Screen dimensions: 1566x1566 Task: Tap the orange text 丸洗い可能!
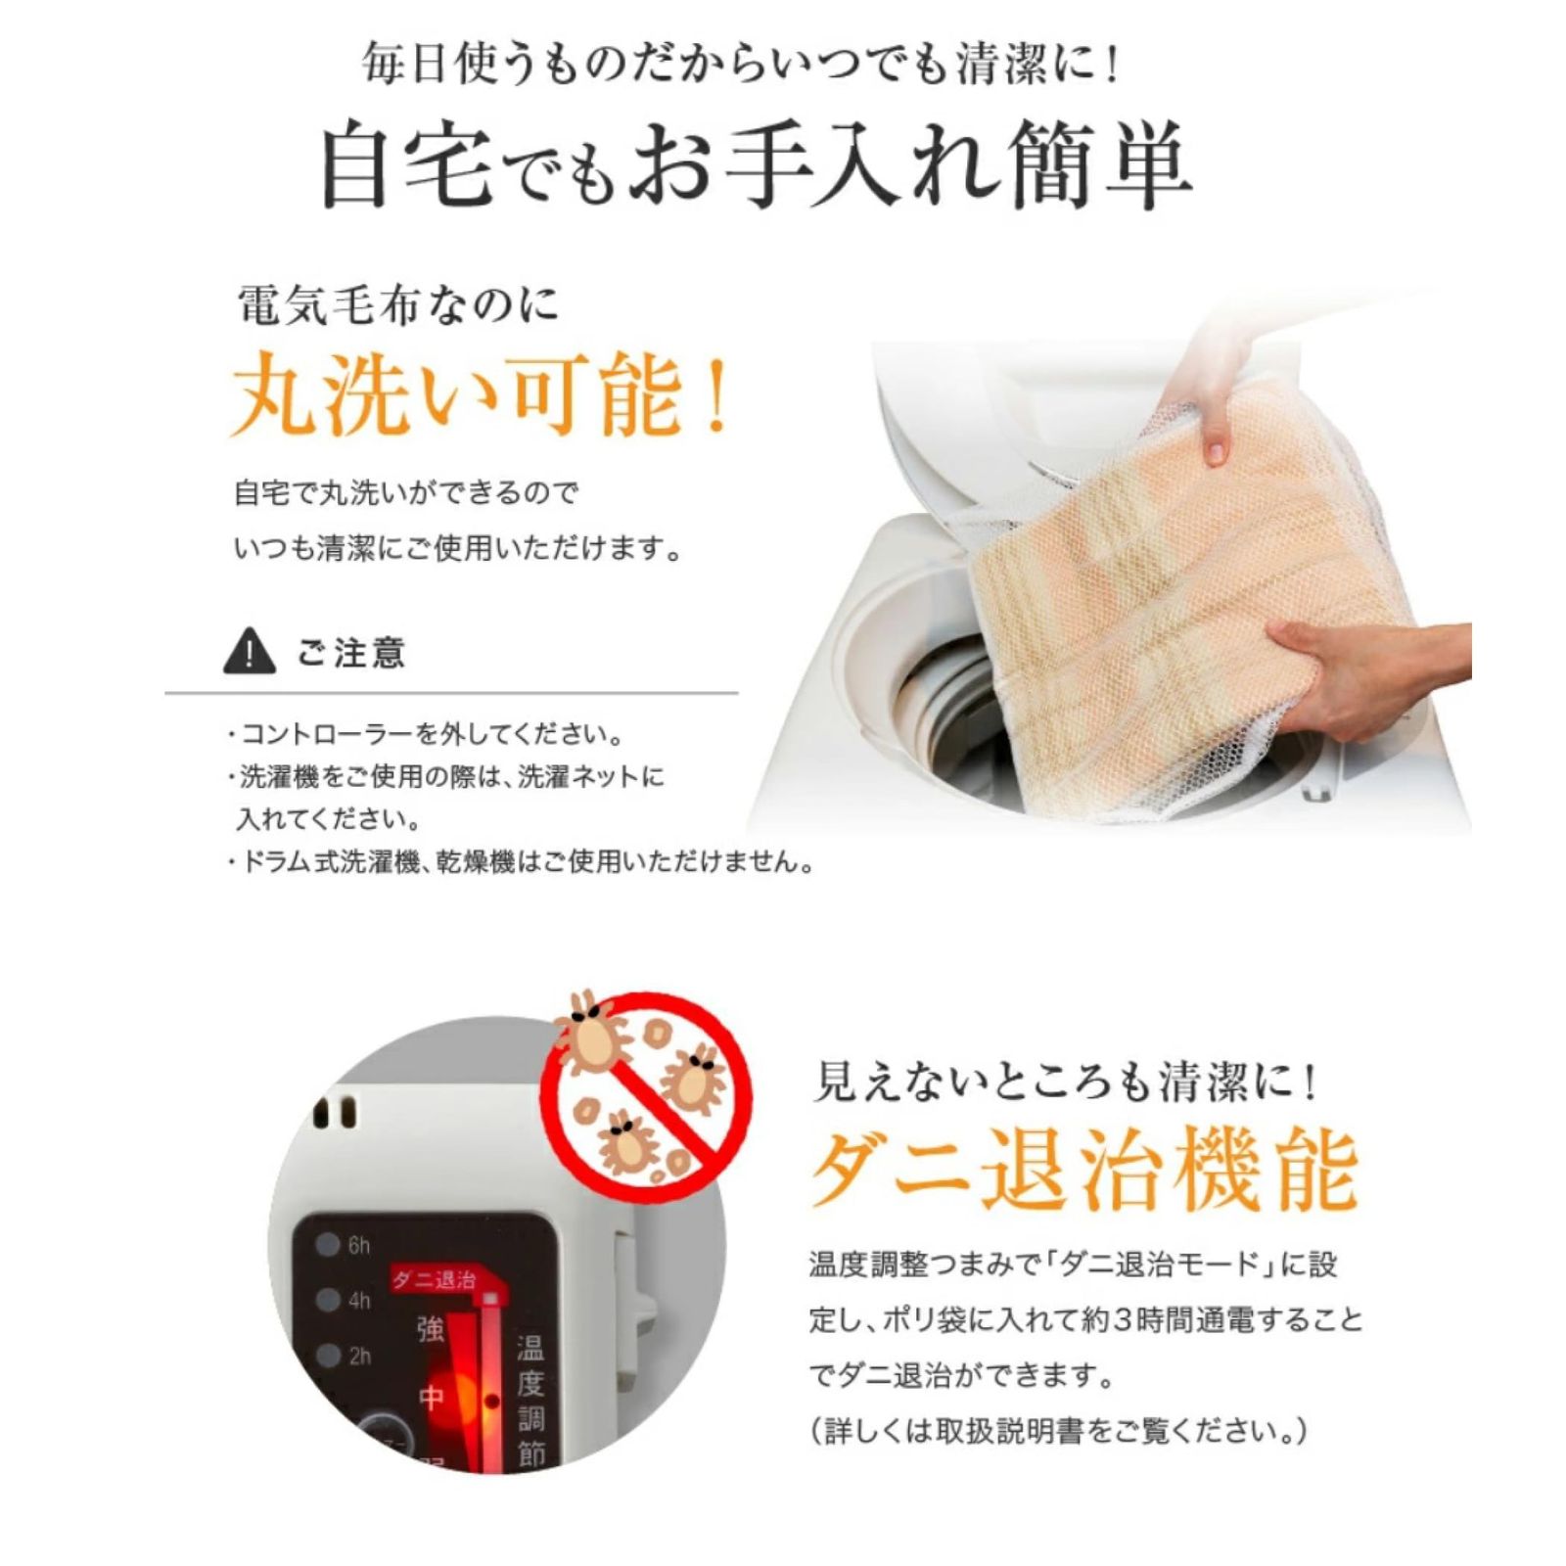(480, 396)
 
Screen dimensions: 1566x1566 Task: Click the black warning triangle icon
(249, 651)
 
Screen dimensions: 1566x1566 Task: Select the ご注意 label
(350, 653)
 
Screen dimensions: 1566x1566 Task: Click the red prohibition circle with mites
(646, 1094)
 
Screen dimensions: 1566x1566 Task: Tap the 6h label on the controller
(358, 1245)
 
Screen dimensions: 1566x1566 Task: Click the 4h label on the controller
(358, 1300)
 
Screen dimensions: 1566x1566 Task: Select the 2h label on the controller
(358, 1356)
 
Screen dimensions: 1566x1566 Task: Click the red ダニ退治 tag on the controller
(434, 1279)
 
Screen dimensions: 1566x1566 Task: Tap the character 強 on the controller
(431, 1328)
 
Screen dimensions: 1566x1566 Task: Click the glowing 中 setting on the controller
(432, 1398)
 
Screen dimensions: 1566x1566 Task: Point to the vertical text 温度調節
(530, 1400)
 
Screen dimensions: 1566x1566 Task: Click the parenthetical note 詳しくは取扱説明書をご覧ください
(1058, 1432)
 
